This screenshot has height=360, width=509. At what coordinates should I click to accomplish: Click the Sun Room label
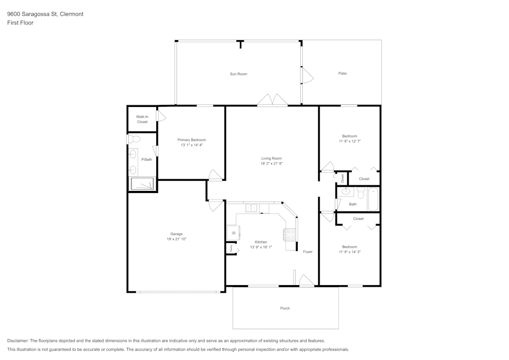[x=238, y=74]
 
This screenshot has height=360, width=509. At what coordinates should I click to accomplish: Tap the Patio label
[x=343, y=74]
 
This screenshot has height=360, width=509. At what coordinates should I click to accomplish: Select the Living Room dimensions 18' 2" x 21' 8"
[x=271, y=164]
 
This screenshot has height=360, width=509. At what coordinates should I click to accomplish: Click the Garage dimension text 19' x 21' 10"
[x=176, y=239]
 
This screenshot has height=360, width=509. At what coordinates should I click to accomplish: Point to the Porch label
[x=285, y=309]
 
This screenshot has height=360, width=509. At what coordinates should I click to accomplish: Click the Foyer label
[x=308, y=252]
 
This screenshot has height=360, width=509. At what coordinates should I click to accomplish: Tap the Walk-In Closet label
[x=142, y=120]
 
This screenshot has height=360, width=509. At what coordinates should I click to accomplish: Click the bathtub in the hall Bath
[x=373, y=199]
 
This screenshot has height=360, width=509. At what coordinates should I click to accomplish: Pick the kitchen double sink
[x=251, y=208]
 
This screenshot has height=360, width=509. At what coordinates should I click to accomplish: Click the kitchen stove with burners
[x=290, y=234]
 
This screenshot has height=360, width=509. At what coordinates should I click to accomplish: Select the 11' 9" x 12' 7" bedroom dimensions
[x=349, y=142]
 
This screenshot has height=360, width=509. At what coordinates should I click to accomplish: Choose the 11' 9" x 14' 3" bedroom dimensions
[x=349, y=252]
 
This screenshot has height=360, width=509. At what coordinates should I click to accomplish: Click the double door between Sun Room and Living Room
[x=272, y=100]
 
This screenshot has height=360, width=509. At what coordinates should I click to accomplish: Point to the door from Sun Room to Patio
[x=307, y=76]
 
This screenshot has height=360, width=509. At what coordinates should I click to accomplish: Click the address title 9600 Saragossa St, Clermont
[x=45, y=14]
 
